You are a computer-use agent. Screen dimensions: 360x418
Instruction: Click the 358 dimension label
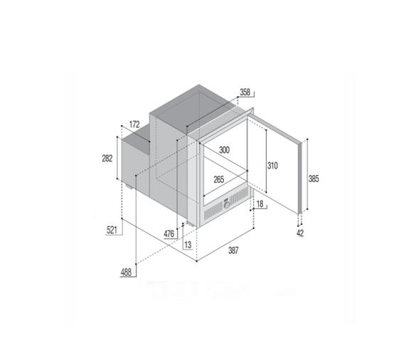click(245, 92)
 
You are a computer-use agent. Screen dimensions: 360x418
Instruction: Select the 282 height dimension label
click(108, 159)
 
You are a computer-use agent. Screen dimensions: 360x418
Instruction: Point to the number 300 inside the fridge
click(224, 150)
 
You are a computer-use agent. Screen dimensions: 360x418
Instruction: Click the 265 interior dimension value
click(218, 179)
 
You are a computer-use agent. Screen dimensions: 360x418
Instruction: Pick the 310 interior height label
click(273, 165)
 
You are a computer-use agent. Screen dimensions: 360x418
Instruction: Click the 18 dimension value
click(261, 204)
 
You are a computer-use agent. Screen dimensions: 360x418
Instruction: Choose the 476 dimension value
click(169, 233)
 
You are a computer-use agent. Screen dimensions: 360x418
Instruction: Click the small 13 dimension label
click(187, 245)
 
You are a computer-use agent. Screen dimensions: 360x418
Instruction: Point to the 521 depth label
click(112, 229)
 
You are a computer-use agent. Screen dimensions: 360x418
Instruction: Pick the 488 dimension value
click(125, 272)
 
